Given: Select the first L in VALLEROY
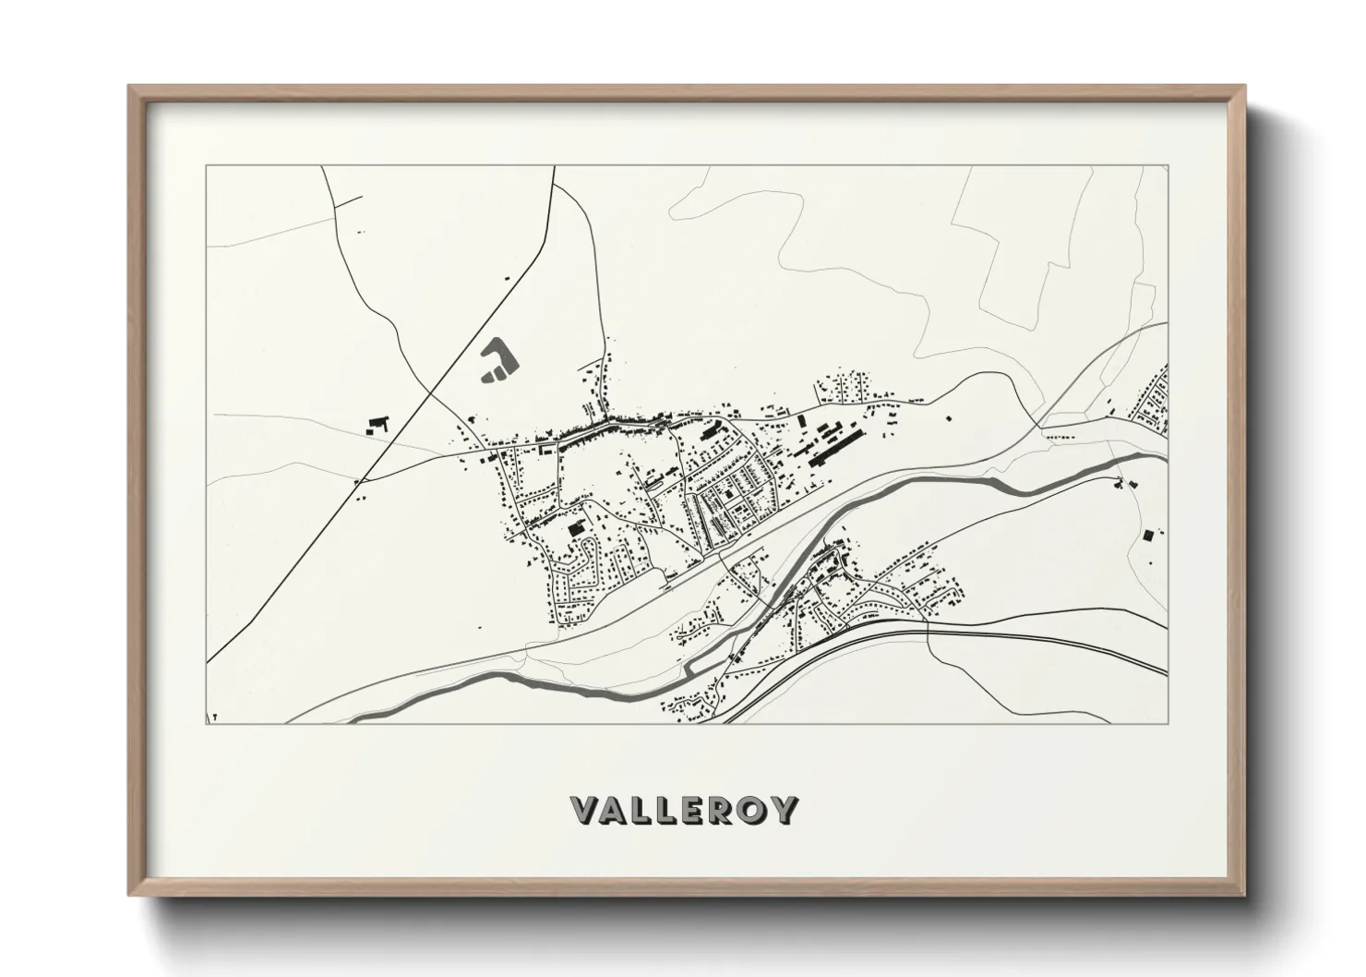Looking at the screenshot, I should pyautogui.click(x=648, y=810).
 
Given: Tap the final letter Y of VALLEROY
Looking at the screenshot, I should pyautogui.click(x=785, y=810).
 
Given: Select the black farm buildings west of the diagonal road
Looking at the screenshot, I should pyautogui.click(x=377, y=425).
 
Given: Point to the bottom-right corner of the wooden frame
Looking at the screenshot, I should pyautogui.click(x=1244, y=894).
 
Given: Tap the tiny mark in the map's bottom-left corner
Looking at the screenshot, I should pyautogui.click(x=215, y=716).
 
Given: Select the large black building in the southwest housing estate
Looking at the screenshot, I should pyautogui.click(x=577, y=528).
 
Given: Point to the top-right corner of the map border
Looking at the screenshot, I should pyautogui.click(x=1168, y=167).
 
